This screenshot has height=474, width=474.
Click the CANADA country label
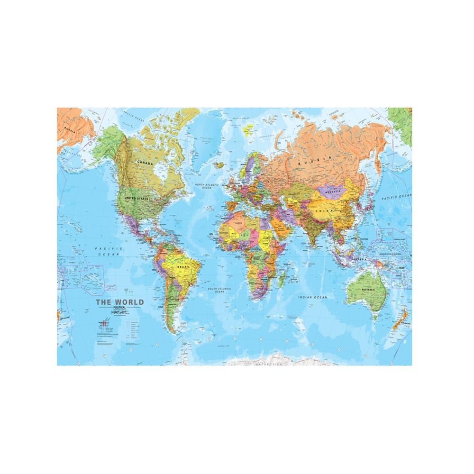(x=145, y=163)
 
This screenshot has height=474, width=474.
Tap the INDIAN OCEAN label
(x=312, y=297)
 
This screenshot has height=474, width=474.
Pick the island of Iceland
(x=218, y=165)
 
